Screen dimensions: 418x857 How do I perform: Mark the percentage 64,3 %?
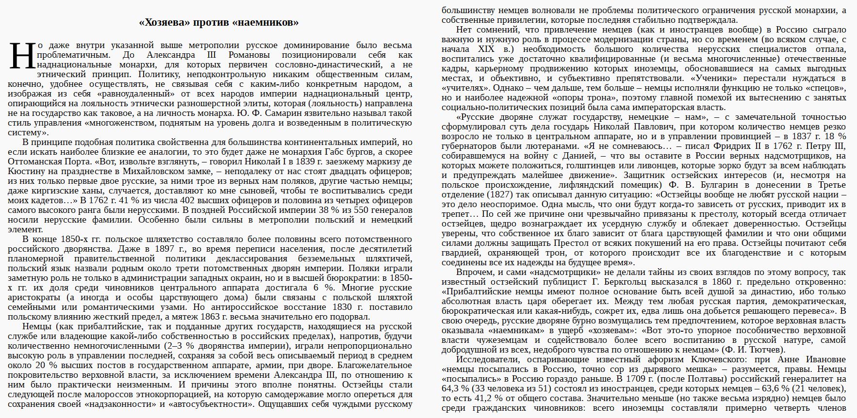[x=455, y=388]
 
